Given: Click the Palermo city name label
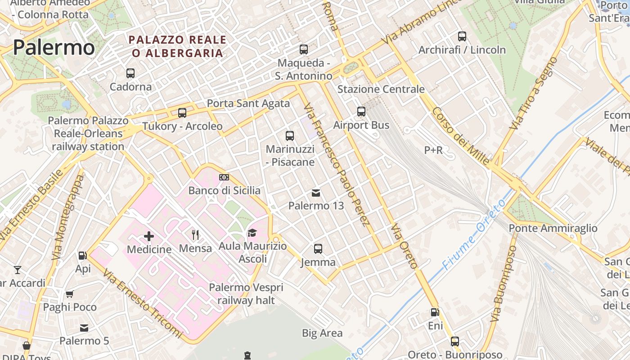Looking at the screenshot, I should [x=54, y=48].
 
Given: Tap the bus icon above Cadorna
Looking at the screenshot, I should [x=130, y=73].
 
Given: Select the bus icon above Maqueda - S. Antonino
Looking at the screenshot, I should [x=304, y=49].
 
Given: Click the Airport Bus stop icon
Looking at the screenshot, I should [x=361, y=112].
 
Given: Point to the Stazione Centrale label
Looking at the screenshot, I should [x=381, y=89].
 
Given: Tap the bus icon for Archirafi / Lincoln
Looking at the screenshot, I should [x=462, y=36].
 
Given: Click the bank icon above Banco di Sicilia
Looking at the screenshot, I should [x=224, y=177].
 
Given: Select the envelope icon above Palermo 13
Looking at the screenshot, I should [x=316, y=193].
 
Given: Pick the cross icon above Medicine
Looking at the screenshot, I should [x=149, y=236].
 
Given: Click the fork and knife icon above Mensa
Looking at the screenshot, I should [x=195, y=234].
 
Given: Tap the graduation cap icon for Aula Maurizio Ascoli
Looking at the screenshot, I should [x=252, y=233].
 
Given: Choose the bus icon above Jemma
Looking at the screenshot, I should [x=318, y=248].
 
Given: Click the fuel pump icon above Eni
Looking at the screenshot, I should [x=435, y=312].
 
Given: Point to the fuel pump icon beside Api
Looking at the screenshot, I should [x=83, y=256].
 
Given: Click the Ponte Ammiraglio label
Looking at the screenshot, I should [x=553, y=228].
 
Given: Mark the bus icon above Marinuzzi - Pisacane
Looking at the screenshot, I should [x=290, y=135].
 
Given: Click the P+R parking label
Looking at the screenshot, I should [x=433, y=150].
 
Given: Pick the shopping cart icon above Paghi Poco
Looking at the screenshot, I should [x=70, y=294].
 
